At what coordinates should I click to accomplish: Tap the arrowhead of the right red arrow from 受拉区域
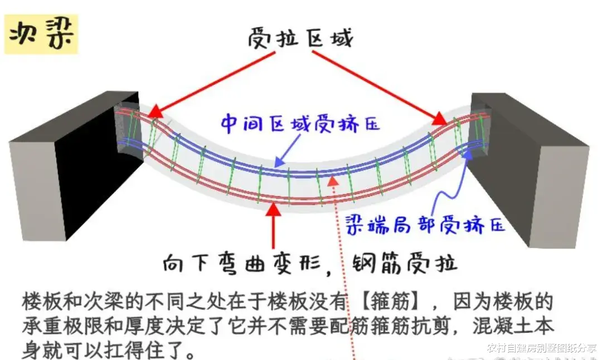pos(441,119)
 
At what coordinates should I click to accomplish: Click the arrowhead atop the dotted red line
pos(333,179)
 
